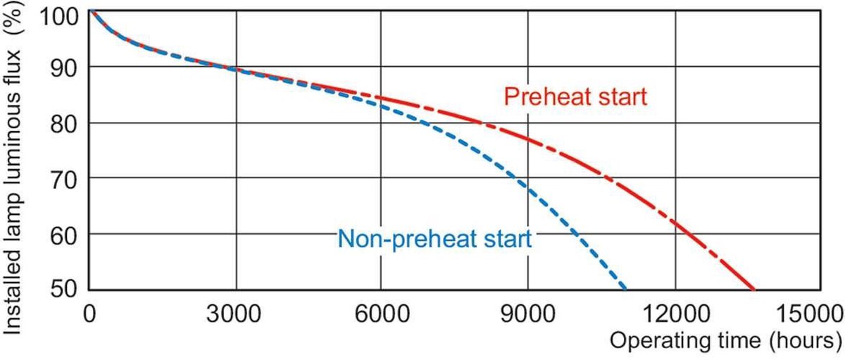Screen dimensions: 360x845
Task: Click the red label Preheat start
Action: click(575, 97)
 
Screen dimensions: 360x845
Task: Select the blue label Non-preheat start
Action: click(434, 239)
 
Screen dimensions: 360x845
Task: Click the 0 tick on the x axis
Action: click(89, 313)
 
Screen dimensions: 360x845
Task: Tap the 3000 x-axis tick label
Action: click(235, 313)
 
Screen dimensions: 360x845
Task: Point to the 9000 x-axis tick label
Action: click(528, 313)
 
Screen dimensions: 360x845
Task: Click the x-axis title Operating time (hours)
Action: click(725, 342)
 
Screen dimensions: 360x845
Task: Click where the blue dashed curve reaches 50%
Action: click(625, 288)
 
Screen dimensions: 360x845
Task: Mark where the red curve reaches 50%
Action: click(754, 288)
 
